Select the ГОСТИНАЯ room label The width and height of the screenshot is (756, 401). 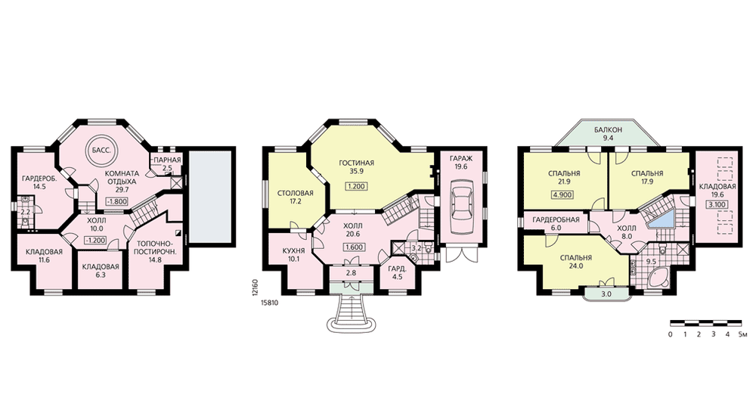(x=356, y=163)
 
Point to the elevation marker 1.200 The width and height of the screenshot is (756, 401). (x=357, y=186)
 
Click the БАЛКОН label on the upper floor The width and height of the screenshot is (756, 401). (x=608, y=130)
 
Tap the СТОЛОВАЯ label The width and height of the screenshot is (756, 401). (x=296, y=194)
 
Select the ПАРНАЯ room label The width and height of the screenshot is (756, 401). (x=167, y=160)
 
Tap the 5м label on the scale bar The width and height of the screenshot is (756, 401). (x=743, y=334)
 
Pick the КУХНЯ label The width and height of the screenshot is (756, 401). (x=293, y=251)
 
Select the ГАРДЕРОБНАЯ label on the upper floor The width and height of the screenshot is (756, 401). (x=556, y=220)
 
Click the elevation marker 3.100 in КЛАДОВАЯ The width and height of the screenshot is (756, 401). (x=717, y=204)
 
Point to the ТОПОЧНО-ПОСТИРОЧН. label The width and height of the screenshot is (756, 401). (x=155, y=247)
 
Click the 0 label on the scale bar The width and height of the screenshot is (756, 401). (x=670, y=334)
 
